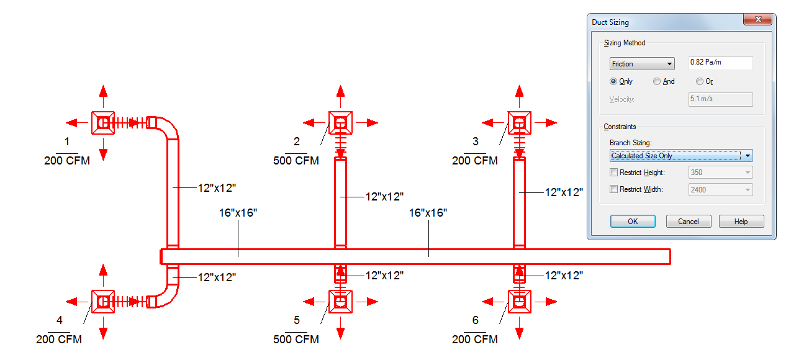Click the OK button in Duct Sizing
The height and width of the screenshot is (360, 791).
point(633,222)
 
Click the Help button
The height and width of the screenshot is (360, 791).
point(741,222)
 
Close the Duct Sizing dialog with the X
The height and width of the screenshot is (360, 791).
point(757,20)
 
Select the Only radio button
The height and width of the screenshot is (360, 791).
point(614,81)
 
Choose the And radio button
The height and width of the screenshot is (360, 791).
point(657,81)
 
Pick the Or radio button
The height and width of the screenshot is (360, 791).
point(700,81)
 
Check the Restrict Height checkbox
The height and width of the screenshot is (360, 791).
point(614,173)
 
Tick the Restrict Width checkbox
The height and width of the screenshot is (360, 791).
point(614,189)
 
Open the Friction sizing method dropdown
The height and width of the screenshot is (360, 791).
point(643,63)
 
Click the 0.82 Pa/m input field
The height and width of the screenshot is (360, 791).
point(720,63)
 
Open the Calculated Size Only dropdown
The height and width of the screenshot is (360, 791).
point(681,156)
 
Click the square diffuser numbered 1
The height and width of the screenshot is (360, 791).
point(103,123)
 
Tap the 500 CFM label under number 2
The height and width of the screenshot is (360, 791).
point(296,161)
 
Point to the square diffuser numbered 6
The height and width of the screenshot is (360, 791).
point(520,302)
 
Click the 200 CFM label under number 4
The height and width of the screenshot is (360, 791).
point(59,340)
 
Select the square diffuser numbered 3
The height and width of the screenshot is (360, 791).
point(520,123)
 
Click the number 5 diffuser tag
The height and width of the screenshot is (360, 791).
point(297,320)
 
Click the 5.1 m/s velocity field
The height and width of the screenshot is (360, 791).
point(720,99)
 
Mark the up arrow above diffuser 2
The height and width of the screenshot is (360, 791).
point(340,91)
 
